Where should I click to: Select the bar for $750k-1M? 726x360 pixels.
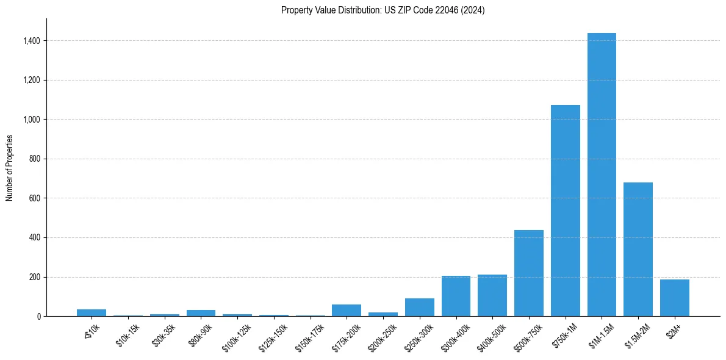(x=565, y=211)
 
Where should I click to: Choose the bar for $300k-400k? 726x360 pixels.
(x=456, y=296)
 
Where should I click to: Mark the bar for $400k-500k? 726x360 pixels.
(x=492, y=295)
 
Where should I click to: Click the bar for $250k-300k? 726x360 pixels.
(x=420, y=307)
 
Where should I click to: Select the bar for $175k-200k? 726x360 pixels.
(x=347, y=310)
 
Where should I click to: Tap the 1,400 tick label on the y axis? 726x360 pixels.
(x=31, y=41)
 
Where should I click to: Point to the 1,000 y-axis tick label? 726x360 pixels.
(x=31, y=120)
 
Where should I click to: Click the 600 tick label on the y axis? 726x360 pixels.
(x=34, y=198)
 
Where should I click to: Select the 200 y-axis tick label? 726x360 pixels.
(x=34, y=277)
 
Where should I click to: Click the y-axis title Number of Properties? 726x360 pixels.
(x=10, y=168)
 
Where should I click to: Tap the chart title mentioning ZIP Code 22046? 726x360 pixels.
(x=383, y=10)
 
